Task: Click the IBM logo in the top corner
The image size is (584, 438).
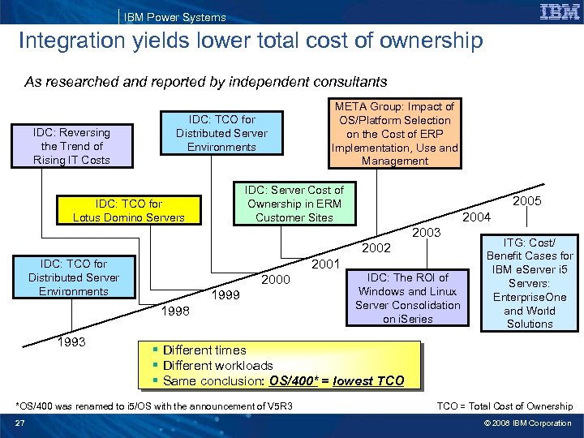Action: (558, 12)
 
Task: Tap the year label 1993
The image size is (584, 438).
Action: (74, 342)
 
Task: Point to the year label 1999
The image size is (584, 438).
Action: (225, 295)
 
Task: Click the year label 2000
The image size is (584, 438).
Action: (275, 279)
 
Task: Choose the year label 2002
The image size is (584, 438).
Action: (376, 247)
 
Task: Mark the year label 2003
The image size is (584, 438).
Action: (427, 233)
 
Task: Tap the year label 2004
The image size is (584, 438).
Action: (477, 217)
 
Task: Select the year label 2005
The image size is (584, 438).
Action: (527, 200)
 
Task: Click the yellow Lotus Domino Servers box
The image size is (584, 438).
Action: (129, 211)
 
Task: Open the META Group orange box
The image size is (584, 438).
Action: (395, 134)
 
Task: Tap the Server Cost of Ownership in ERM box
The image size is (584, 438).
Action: (294, 204)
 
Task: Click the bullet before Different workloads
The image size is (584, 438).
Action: (154, 366)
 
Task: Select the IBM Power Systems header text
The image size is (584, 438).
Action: (174, 17)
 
